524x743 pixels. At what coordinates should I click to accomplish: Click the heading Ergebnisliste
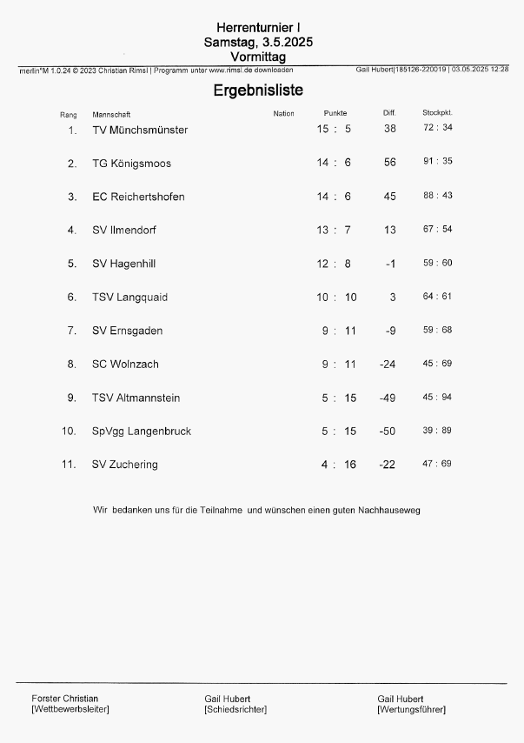(258, 90)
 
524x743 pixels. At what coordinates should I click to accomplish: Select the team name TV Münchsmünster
(140, 130)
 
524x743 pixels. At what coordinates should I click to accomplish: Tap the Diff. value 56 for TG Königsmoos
(389, 163)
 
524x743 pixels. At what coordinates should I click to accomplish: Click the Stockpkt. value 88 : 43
(437, 196)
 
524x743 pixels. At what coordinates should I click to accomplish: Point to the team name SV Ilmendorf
(124, 230)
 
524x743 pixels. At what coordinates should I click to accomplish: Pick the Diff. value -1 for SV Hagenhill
(390, 264)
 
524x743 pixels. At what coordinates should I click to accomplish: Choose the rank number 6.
(72, 297)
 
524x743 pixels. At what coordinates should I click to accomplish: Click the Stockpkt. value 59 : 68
(437, 330)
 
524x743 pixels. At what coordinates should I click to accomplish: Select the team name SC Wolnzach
(125, 364)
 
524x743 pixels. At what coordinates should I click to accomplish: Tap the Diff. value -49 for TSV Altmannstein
(388, 398)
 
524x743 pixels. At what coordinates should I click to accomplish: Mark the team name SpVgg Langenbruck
(142, 431)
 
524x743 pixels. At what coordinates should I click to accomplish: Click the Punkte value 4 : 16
(338, 465)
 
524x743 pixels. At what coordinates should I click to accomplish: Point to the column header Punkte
(335, 114)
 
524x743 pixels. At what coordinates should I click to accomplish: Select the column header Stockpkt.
(437, 113)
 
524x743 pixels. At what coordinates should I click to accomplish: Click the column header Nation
(283, 114)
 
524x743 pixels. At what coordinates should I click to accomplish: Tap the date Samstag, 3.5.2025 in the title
(258, 42)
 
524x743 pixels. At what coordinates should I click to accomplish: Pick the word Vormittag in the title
(258, 57)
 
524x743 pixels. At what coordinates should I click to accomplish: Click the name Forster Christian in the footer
(64, 698)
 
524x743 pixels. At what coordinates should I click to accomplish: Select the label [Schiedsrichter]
(235, 709)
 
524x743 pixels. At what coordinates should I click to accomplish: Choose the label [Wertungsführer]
(411, 709)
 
